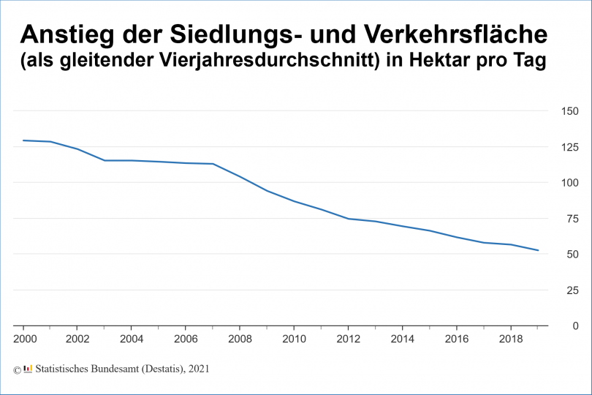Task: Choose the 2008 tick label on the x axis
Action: click(x=240, y=340)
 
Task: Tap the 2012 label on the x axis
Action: click(x=348, y=340)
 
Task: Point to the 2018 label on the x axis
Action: click(x=510, y=340)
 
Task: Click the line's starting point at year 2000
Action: click(x=23, y=140)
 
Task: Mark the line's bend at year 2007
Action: click(x=213, y=164)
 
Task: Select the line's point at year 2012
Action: click(x=348, y=219)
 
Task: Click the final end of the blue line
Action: click(x=538, y=250)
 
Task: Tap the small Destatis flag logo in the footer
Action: click(x=28, y=369)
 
